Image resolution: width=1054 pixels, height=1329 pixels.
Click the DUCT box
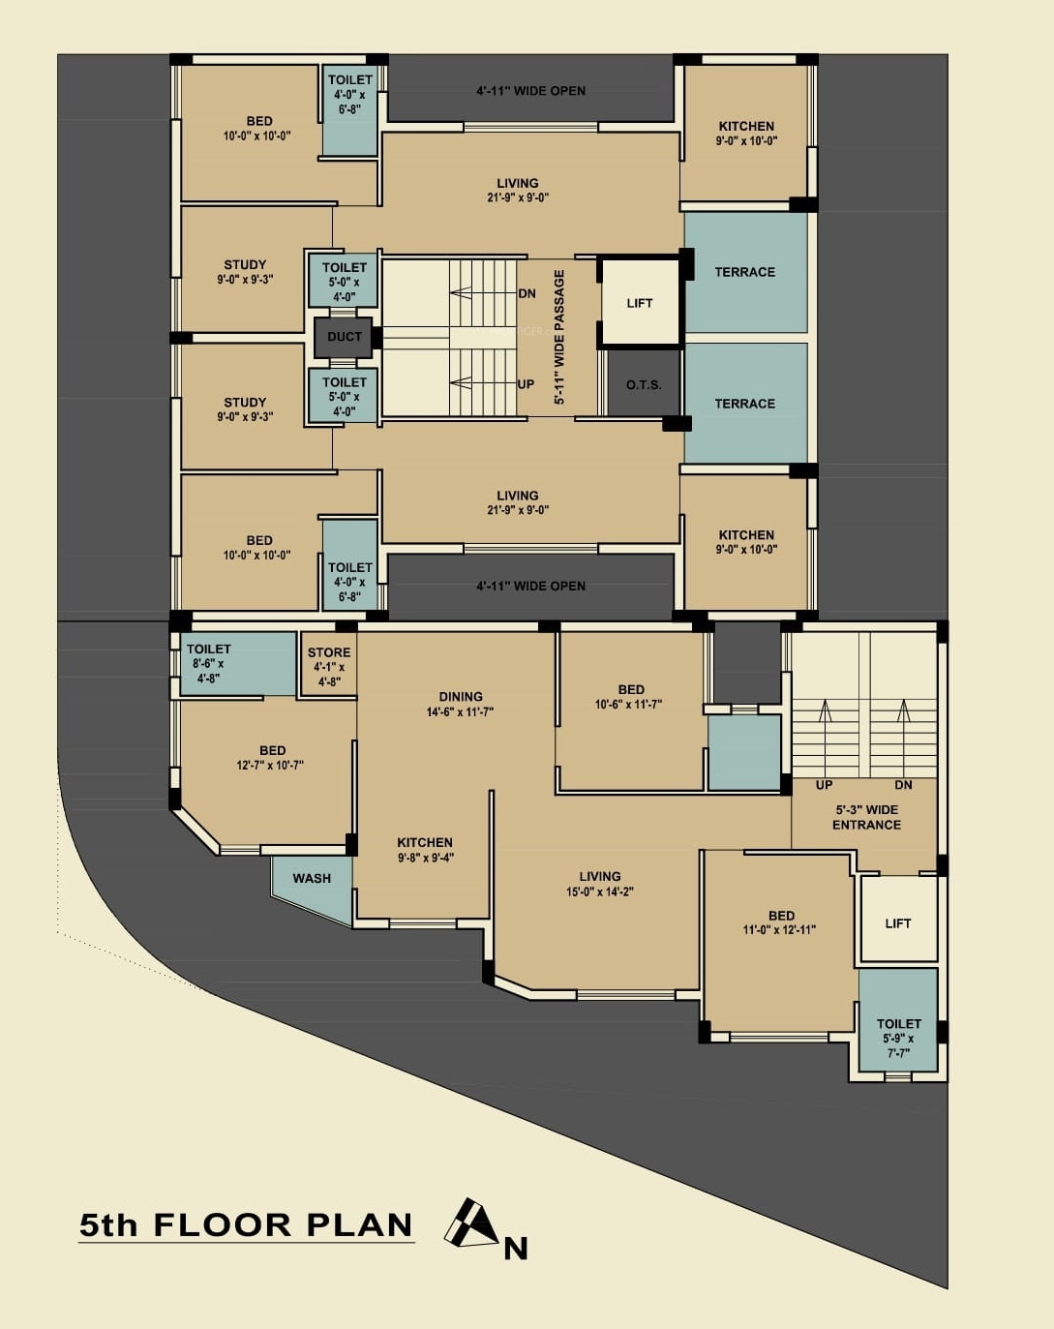coord(344,337)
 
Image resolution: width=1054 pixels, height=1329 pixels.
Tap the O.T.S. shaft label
coord(644,384)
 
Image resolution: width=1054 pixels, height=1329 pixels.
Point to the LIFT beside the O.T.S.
coord(640,303)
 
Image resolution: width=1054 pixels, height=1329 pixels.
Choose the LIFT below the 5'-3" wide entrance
coord(898,923)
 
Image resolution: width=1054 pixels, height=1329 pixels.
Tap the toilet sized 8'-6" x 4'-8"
coord(237,664)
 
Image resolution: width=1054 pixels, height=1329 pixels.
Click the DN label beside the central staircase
coord(527,293)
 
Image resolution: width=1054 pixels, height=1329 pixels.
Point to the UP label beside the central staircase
coord(526,384)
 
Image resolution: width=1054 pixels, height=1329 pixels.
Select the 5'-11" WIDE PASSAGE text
coord(559,337)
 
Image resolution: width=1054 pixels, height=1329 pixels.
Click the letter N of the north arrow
coord(516,1249)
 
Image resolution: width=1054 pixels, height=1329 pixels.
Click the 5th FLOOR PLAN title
coord(246,1225)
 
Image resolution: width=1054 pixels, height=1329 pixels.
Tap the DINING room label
coord(461,696)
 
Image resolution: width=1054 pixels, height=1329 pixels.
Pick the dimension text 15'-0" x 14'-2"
coord(600,891)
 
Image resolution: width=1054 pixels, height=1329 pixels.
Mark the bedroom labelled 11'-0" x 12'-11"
coord(780,939)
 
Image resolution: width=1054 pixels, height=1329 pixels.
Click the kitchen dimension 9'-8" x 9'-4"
coord(426,858)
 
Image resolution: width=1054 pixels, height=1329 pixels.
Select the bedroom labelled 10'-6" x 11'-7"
coord(630,710)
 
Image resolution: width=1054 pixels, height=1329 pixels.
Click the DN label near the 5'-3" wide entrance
coord(903,785)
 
